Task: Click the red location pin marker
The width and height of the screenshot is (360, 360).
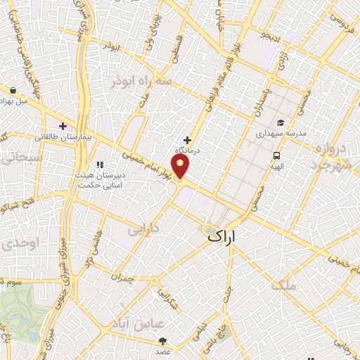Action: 181,167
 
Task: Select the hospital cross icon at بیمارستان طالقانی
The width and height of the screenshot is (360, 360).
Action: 63,127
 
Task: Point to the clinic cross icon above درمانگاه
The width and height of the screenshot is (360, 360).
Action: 187,140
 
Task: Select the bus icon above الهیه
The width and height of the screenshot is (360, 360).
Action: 276,156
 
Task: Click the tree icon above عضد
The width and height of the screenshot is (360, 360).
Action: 163,341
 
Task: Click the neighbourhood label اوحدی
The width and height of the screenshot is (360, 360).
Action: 15,245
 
